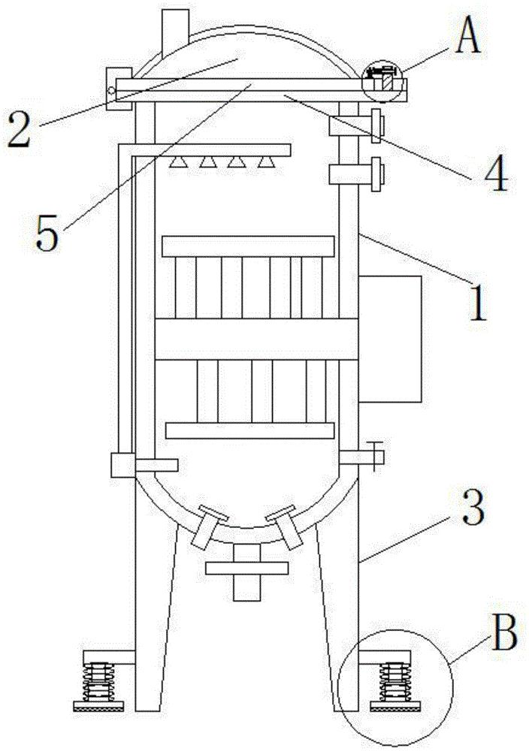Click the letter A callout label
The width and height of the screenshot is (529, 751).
(467, 38)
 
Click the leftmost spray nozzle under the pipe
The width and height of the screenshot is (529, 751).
(178, 162)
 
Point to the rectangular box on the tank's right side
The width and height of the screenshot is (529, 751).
(389, 339)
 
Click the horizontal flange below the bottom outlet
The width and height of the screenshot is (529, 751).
(246, 569)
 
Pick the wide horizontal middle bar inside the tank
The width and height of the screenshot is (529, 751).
(256, 339)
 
